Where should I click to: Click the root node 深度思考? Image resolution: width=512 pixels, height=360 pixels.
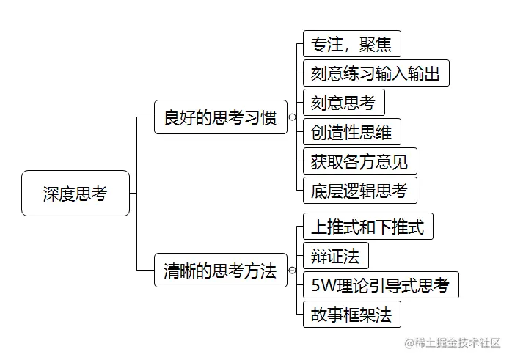click(76, 194)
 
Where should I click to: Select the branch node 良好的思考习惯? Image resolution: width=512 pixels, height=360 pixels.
click(220, 117)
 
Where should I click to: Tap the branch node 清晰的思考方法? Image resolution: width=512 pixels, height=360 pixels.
click(220, 271)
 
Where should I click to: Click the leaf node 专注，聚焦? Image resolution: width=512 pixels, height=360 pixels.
click(351, 43)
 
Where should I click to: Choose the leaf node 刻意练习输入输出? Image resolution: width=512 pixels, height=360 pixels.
click(375, 73)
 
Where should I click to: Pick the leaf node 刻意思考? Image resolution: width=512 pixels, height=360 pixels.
click(343, 103)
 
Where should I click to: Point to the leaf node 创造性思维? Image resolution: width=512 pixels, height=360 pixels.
click(351, 132)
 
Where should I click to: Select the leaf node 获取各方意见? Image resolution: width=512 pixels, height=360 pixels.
click(359, 161)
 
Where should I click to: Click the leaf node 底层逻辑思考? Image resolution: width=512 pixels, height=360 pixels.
click(359, 190)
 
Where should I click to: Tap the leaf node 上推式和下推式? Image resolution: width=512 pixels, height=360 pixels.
click(367, 226)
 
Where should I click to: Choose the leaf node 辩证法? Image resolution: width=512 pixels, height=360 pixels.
click(335, 255)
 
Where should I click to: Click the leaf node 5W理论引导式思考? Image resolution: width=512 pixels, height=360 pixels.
click(380, 284)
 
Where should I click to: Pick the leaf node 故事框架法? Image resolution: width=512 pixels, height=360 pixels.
click(351, 315)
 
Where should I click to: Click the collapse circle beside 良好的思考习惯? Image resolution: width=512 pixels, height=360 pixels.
click(292, 117)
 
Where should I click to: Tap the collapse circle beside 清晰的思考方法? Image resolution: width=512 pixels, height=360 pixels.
click(292, 271)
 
